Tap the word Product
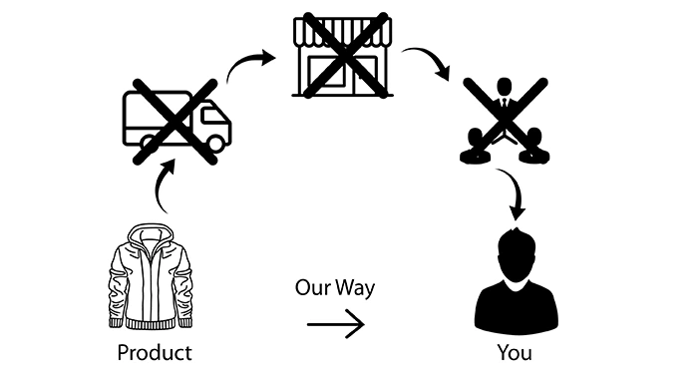pos(155,352)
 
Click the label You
pos(515,352)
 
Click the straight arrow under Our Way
pos(335,324)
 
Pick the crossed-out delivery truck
pos(175,124)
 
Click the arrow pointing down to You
pos(515,195)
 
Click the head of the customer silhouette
pos(514,254)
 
